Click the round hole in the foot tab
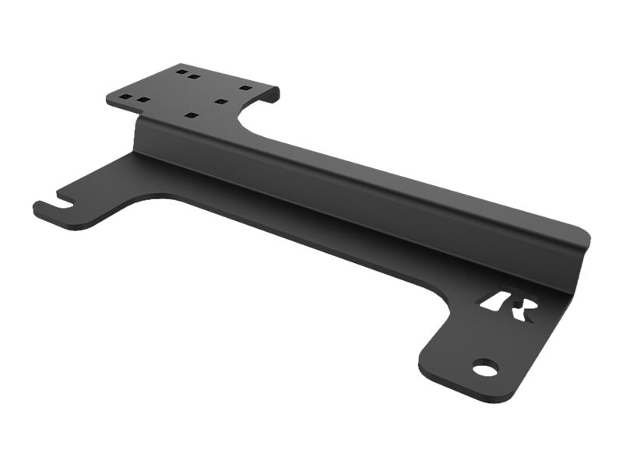484,367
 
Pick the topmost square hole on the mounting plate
181,71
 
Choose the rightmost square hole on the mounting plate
245,88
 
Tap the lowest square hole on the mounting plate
189,115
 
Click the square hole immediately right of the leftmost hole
142,100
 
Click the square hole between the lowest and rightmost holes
220,101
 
